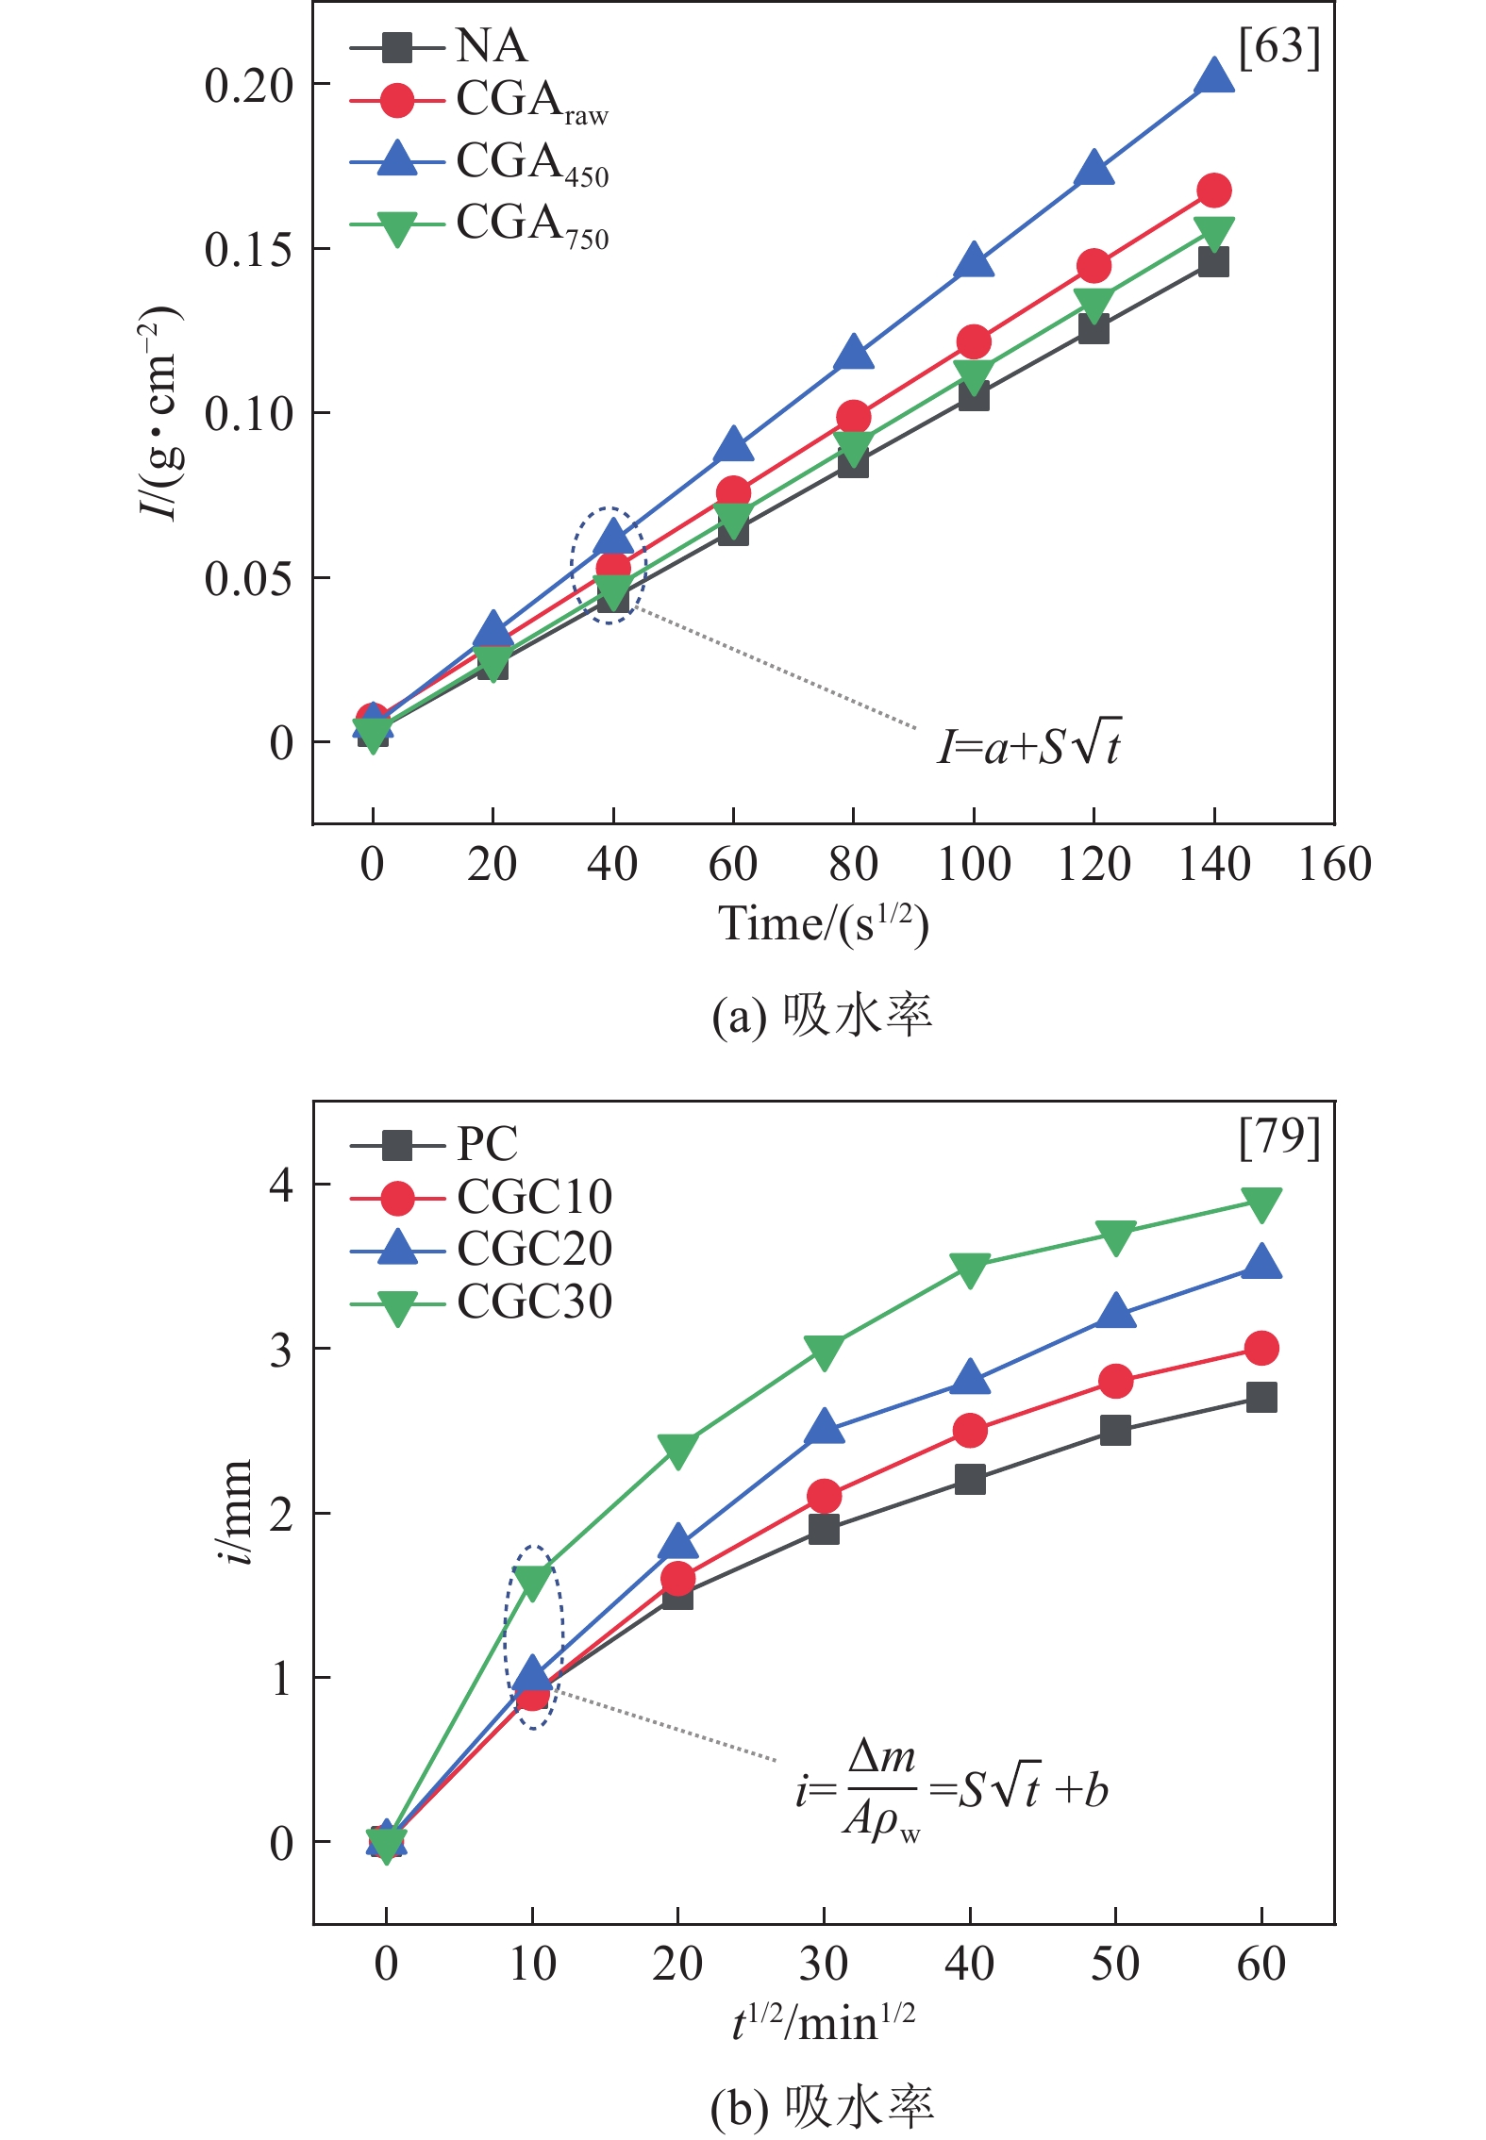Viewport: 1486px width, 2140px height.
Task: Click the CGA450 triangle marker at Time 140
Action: click(x=1213, y=76)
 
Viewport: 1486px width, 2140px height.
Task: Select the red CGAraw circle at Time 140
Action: click(x=1213, y=191)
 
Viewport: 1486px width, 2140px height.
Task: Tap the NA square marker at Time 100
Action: click(x=974, y=395)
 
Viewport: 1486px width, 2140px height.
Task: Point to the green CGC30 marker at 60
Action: click(x=1261, y=1203)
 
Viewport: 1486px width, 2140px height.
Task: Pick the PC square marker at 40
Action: click(x=970, y=1479)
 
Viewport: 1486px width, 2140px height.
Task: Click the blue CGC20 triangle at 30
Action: click(x=824, y=1427)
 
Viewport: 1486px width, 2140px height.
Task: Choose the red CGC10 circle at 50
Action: click(x=1115, y=1382)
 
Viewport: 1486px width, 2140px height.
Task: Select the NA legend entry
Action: click(x=440, y=45)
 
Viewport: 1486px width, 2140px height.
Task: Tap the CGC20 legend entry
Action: click(x=481, y=1249)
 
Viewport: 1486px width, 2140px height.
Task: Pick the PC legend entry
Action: click(x=435, y=1144)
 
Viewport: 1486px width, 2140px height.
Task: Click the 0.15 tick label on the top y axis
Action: click(x=249, y=250)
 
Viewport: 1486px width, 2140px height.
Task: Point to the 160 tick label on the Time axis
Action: click(x=1334, y=864)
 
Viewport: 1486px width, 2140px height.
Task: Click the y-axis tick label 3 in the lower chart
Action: click(x=281, y=1350)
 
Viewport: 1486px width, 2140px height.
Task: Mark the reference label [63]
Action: click(x=1278, y=47)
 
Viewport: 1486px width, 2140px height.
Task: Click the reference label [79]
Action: click(x=1278, y=1137)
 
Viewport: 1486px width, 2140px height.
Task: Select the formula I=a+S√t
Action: click(x=1028, y=745)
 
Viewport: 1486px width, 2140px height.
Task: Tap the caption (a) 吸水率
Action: click(x=822, y=1017)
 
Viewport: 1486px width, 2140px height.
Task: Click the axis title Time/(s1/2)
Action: click(x=823, y=924)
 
